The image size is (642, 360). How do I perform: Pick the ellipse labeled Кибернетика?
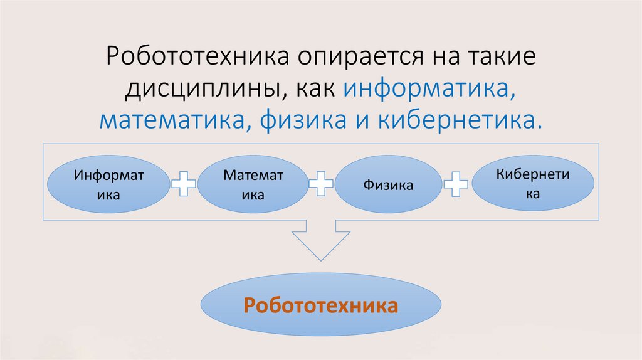click(533, 184)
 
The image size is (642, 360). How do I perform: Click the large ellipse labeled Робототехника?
click(320, 306)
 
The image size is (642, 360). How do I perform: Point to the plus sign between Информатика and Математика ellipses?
click(184, 184)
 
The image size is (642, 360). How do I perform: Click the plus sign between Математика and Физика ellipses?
click(320, 184)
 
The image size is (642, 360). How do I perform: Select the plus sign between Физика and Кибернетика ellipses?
click(456, 184)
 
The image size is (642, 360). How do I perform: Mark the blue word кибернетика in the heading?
click(459, 119)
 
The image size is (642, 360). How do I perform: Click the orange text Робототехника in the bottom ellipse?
click(320, 306)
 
